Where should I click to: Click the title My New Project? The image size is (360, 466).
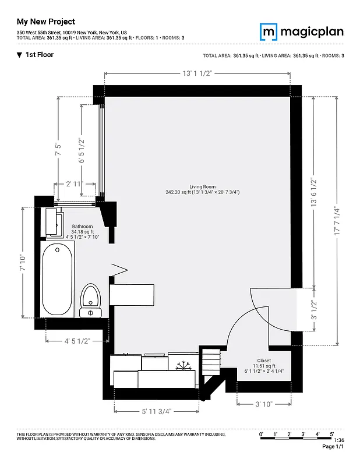pos(46,22)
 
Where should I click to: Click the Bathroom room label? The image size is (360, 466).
pos(82,226)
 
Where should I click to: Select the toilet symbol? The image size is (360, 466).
pos(90,299)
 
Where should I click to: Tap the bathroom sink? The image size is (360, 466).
pos(55,222)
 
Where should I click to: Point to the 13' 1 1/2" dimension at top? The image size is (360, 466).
pos(196,73)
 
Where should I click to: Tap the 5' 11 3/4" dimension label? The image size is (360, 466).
pos(157,411)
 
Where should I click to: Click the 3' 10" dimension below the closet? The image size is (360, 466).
pos(264,403)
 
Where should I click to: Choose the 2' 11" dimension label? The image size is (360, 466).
pos(75,184)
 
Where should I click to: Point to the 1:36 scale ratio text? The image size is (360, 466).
pos(339,440)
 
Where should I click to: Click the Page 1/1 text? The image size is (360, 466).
pos(334,447)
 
